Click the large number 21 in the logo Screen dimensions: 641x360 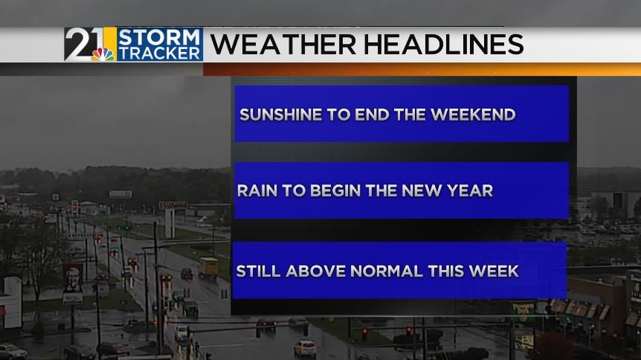pos(84,43)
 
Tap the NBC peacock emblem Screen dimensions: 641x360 pos(103,54)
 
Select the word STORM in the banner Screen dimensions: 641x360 pos(159,37)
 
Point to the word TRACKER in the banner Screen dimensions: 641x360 pos(159,54)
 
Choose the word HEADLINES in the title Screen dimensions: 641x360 pos(443,44)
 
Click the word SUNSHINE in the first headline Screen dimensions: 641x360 pos(281,115)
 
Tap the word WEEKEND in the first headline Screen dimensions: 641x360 pos(473,115)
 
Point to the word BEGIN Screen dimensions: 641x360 pos(335,190)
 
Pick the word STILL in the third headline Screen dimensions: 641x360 pos(258,271)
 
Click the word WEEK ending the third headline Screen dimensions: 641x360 pos(494,271)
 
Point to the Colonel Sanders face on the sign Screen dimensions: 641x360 pos(73,278)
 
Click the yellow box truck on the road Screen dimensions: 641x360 pos(208,268)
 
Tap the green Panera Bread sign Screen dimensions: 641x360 pos(523,308)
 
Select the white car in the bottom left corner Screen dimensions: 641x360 pos(12,351)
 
